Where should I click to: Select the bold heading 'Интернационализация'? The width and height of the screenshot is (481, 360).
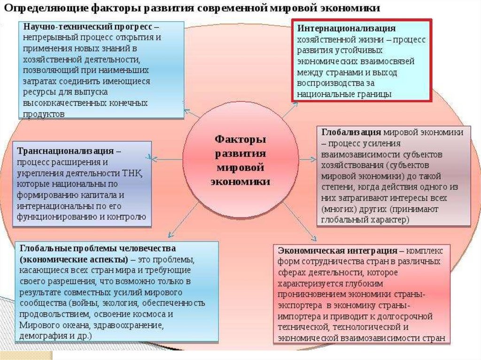pos(346,29)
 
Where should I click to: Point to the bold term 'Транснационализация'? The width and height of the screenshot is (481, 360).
pos(65,151)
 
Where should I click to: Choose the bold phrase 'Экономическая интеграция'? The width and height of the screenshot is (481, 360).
pos(334,250)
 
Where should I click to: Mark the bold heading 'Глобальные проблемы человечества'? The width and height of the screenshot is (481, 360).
pos(98,248)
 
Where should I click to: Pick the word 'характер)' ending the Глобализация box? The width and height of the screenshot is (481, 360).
pos(391,219)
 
